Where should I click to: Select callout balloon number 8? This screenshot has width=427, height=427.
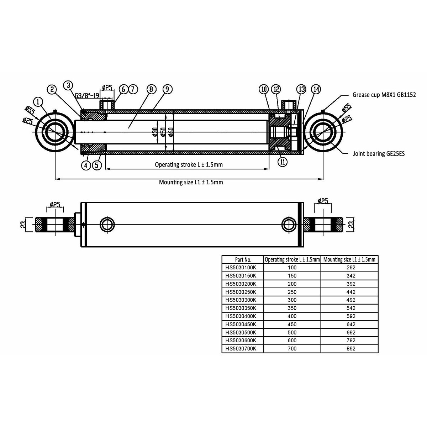coord(151,89)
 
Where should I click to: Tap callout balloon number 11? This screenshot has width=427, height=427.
coord(283,162)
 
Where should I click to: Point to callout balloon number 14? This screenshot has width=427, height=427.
coord(315,89)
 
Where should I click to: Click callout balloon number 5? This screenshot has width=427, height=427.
coord(97,165)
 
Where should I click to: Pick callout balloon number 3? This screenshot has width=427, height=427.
coord(68,85)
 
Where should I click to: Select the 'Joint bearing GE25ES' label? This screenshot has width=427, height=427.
coord(379,154)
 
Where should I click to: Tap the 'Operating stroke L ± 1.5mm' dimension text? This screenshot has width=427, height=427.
coord(189,165)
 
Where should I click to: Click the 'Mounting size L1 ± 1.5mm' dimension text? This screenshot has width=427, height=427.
coord(191,182)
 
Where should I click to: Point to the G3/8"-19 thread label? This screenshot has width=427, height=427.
coord(87,95)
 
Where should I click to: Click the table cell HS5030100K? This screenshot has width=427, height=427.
coord(238,267)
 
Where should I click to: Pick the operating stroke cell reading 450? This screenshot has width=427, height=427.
coord(292,324)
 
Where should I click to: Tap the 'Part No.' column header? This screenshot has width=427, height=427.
coord(243,259)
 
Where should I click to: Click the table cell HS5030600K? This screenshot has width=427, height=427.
coord(238,341)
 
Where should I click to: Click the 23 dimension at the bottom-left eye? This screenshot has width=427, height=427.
coord(23,225)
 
